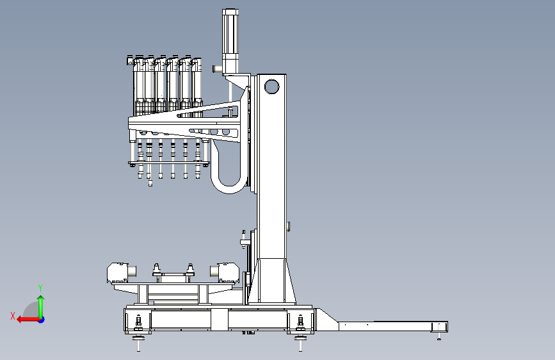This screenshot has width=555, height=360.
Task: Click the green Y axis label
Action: coord(40,288)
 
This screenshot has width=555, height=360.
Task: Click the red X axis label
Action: coord(13,316)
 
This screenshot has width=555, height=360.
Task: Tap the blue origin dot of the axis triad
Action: coord(42,320)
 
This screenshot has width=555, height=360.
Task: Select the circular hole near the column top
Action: coord(271,86)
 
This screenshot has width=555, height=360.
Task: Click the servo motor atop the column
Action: coord(230,42)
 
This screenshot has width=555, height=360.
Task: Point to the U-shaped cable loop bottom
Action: coord(229,187)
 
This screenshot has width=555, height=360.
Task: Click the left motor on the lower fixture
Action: coord(121,273)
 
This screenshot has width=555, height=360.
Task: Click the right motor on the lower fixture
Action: coord(225,273)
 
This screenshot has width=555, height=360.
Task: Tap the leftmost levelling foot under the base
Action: coord(138,342)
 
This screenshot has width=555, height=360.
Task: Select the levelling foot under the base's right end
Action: coord(300,342)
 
